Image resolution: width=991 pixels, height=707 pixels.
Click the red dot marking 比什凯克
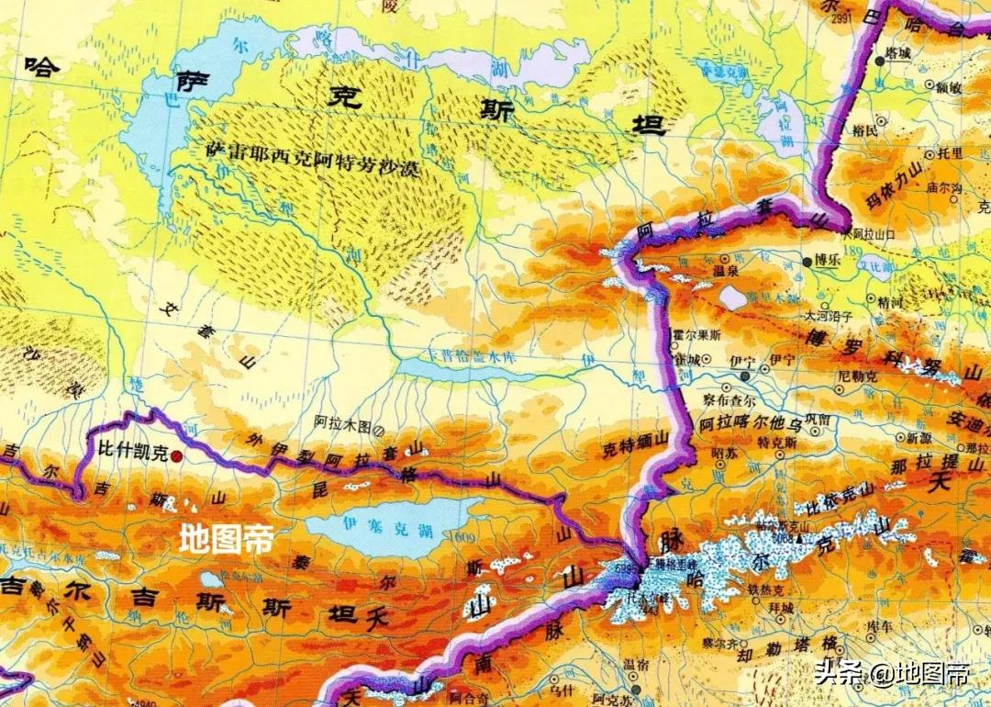175,454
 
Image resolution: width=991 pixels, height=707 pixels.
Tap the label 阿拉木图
340,426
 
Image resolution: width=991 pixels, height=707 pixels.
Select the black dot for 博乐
807,262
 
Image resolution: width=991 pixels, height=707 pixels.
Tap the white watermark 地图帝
226,537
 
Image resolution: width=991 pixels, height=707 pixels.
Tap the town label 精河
888,299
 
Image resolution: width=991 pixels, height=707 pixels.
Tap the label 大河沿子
829,316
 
